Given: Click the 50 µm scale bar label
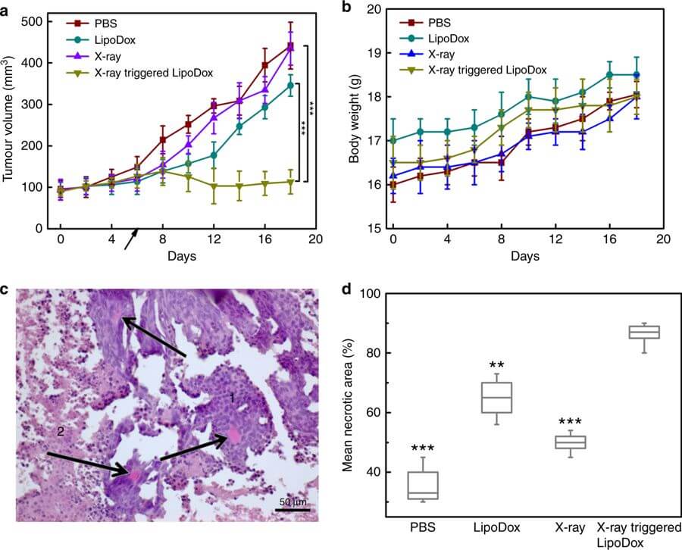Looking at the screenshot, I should (291, 502).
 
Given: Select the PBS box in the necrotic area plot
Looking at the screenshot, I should (422, 485).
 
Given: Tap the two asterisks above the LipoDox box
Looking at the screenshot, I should (497, 364).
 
